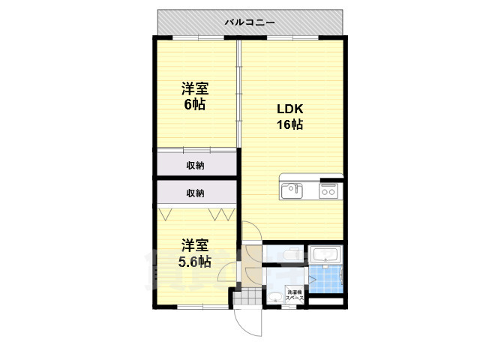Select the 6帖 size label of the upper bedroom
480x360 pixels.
pos(195,104)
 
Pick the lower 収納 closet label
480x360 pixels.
pos(195,193)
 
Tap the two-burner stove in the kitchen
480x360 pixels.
pos(328,191)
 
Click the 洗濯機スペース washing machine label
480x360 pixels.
pos(294,295)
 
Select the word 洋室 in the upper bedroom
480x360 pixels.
pos(195,88)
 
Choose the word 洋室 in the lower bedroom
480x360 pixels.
pos(194,245)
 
